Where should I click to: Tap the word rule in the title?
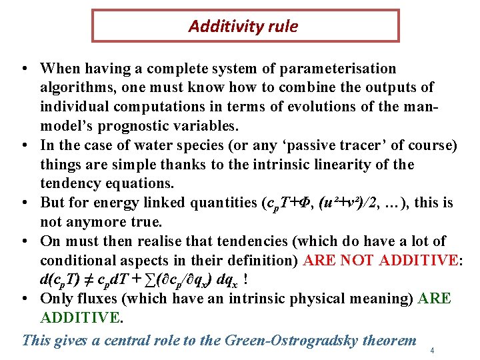tap(282, 27)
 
